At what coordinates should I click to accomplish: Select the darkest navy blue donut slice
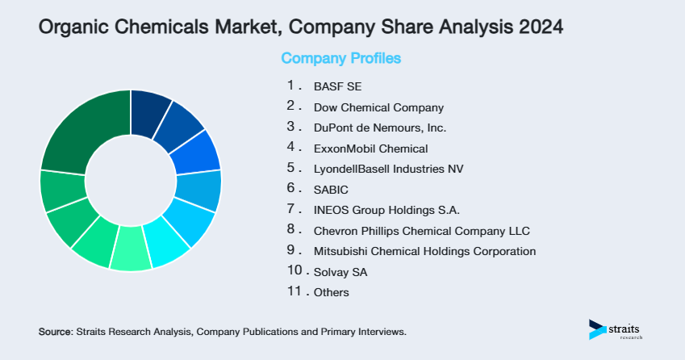click(148, 107)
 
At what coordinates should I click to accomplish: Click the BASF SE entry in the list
click(332, 86)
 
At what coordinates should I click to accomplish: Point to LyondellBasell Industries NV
click(389, 169)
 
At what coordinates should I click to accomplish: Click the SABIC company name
click(330, 190)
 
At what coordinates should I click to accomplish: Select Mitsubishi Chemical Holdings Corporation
click(424, 251)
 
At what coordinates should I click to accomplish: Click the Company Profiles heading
click(340, 59)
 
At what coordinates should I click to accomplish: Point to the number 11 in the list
click(294, 291)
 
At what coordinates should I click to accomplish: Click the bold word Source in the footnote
click(56, 332)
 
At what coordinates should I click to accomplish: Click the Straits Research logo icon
click(596, 329)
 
